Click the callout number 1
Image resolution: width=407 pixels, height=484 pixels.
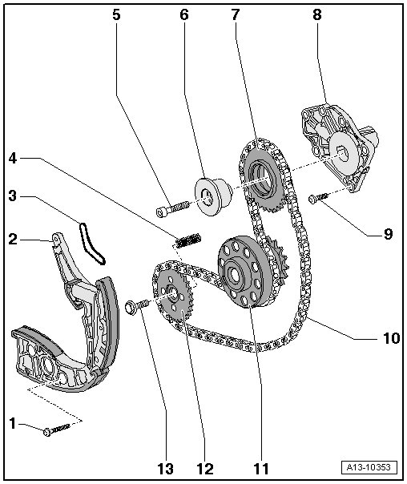point(12,423)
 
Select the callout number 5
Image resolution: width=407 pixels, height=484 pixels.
point(116,14)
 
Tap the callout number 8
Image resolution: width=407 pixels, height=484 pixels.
point(317,14)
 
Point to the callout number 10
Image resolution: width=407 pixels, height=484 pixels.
point(391,338)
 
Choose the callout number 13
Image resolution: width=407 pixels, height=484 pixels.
point(166,469)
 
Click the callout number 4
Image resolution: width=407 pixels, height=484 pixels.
point(13,159)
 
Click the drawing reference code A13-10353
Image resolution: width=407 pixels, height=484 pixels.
point(369,467)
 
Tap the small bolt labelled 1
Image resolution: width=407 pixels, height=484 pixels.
point(57,430)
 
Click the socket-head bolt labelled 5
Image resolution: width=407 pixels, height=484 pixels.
point(172,208)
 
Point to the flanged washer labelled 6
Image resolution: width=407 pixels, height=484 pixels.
point(213,196)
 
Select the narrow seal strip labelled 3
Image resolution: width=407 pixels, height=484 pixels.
point(91,244)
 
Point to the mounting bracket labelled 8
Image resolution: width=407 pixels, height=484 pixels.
point(340,147)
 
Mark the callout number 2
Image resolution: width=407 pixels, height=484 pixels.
point(13,240)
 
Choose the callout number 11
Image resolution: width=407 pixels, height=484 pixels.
point(261,469)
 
